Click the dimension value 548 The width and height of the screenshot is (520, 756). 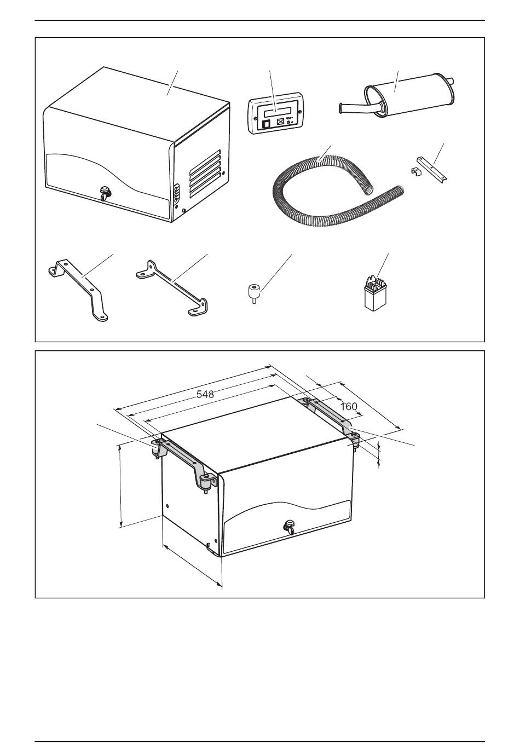(x=205, y=394)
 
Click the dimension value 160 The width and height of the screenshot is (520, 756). (x=348, y=406)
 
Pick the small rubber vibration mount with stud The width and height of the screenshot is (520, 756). (x=253, y=293)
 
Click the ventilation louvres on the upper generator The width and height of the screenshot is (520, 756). (x=205, y=173)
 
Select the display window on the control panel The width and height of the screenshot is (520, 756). (x=276, y=112)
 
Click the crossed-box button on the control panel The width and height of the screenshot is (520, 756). (x=280, y=123)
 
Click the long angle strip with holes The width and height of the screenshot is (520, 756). (x=432, y=170)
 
